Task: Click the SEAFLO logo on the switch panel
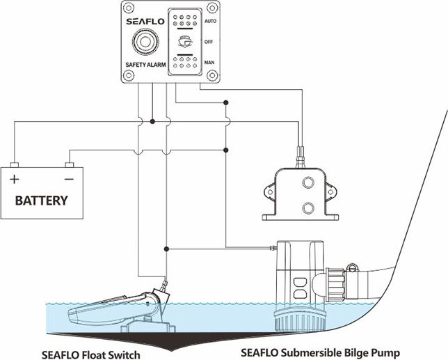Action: pyautogui.click(x=145, y=21)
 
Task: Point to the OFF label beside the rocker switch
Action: pyautogui.click(x=207, y=42)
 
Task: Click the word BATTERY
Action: pyautogui.click(x=42, y=201)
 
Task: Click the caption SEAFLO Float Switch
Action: pyautogui.click(x=90, y=354)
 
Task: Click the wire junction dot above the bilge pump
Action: pyautogui.click(x=166, y=249)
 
